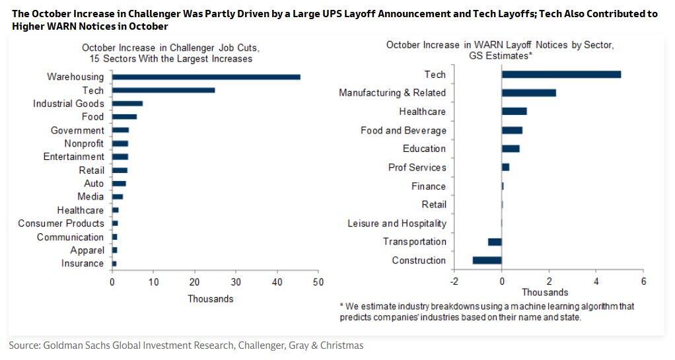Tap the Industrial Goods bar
click(127, 104)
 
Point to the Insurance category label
click(82, 264)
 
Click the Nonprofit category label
click(84, 143)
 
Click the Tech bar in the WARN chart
click(561, 74)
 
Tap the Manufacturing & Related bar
click(528, 93)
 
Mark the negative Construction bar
click(487, 260)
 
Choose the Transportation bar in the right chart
click(495, 242)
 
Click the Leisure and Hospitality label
click(397, 223)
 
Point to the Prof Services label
click(417, 167)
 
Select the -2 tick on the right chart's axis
click(454, 281)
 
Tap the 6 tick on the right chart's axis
click(643, 281)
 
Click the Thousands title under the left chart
click(210, 299)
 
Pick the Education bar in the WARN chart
click(511, 149)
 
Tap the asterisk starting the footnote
click(341, 305)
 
